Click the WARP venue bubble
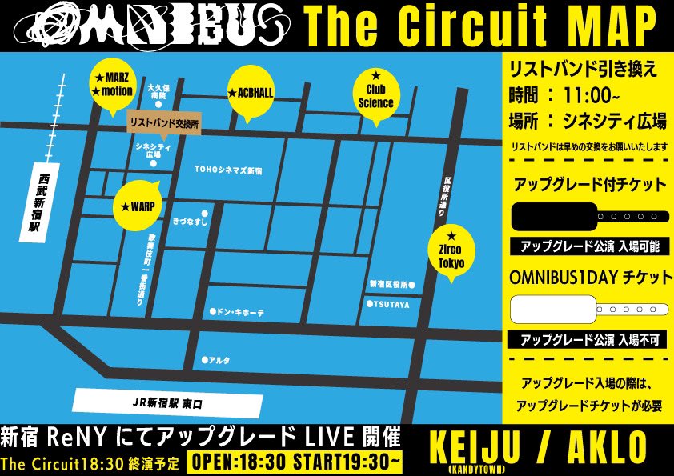[138, 206]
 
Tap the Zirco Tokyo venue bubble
[451, 251]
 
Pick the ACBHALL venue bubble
[251, 93]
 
